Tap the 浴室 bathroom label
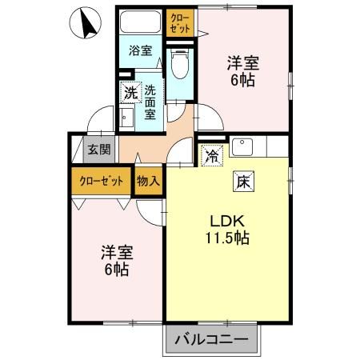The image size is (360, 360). pyautogui.click(x=141, y=51)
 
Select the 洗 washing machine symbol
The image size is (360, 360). pyautogui.click(x=130, y=92)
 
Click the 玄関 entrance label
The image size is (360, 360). pyautogui.click(x=99, y=149)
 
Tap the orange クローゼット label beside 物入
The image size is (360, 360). pyautogui.click(x=101, y=181)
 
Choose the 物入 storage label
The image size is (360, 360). pyautogui.click(x=149, y=181)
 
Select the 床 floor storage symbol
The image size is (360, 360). pyautogui.click(x=242, y=181)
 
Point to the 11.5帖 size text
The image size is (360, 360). pyautogui.click(x=227, y=238)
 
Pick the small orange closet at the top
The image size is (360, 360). pyautogui.click(x=179, y=22)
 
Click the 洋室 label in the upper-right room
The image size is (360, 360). pyautogui.click(x=243, y=63)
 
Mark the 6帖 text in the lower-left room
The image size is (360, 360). pyautogui.click(x=117, y=270)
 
